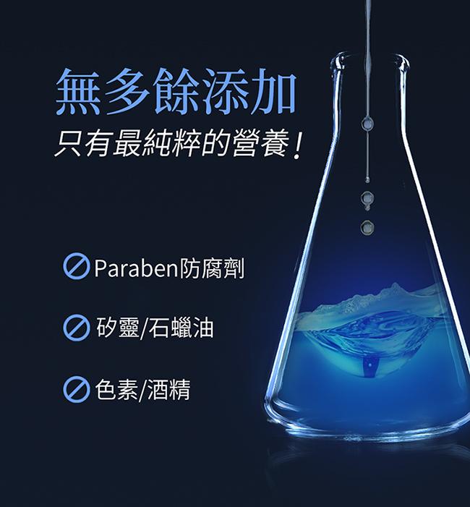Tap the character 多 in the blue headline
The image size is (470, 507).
(127, 92)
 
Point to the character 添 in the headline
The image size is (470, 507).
(224, 92)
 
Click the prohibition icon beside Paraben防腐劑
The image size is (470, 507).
(77, 266)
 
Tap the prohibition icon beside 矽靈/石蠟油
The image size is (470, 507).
(77, 328)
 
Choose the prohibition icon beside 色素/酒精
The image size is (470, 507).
(77, 389)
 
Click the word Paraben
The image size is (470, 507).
(136, 268)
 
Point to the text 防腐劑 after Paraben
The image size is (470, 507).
(212, 268)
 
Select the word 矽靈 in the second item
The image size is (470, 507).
(118, 328)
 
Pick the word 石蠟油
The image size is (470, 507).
(181, 328)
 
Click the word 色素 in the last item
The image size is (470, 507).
(116, 389)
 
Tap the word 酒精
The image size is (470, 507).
(168, 389)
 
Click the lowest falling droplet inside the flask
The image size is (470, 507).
(367, 227)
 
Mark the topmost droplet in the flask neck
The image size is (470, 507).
(367, 123)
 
